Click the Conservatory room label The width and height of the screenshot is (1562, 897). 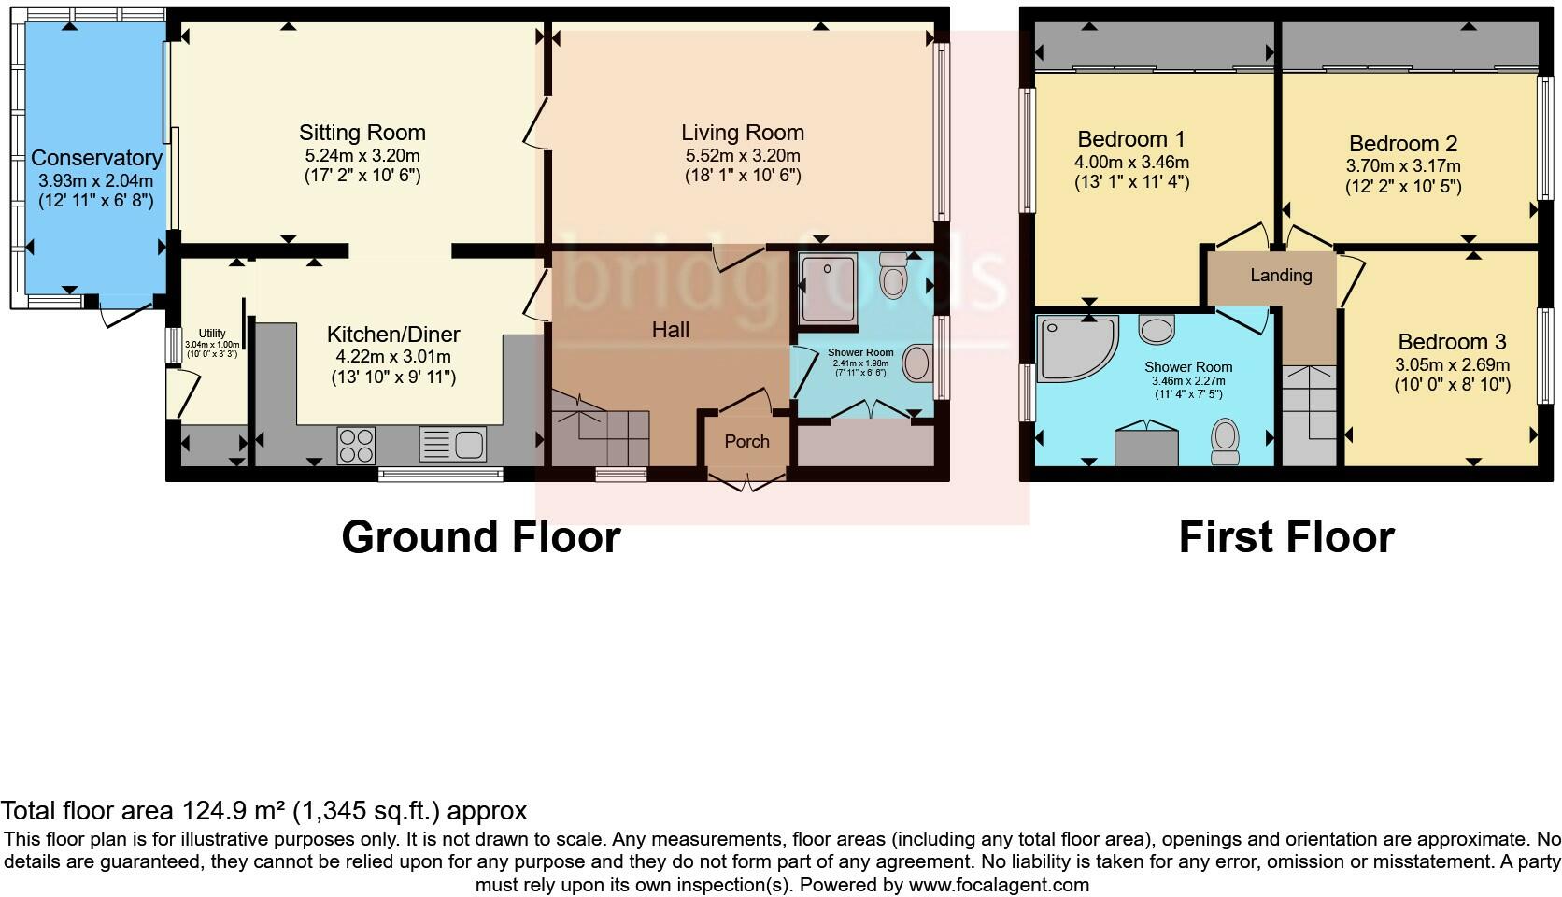[x=96, y=158]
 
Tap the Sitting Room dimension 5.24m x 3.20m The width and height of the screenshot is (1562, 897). [x=362, y=155]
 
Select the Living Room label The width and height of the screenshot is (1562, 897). [x=742, y=133]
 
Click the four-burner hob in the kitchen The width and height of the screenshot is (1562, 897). [x=356, y=445]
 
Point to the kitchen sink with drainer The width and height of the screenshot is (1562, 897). [x=453, y=445]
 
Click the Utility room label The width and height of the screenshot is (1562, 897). [x=212, y=334]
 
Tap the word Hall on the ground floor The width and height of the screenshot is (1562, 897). [x=670, y=330]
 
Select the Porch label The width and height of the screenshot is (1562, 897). [x=746, y=441]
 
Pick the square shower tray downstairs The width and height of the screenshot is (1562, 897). [x=828, y=288]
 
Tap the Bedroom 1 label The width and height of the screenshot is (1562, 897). [x=1130, y=139]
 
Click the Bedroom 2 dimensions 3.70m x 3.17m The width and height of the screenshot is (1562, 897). [x=1403, y=166]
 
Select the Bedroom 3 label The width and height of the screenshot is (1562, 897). [x=1452, y=342]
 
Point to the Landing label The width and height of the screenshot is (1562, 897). [x=1281, y=276]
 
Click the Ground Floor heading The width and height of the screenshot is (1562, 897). [x=480, y=537]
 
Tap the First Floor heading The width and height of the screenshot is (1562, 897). [x=1285, y=537]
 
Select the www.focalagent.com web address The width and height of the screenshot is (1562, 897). [x=998, y=884]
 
